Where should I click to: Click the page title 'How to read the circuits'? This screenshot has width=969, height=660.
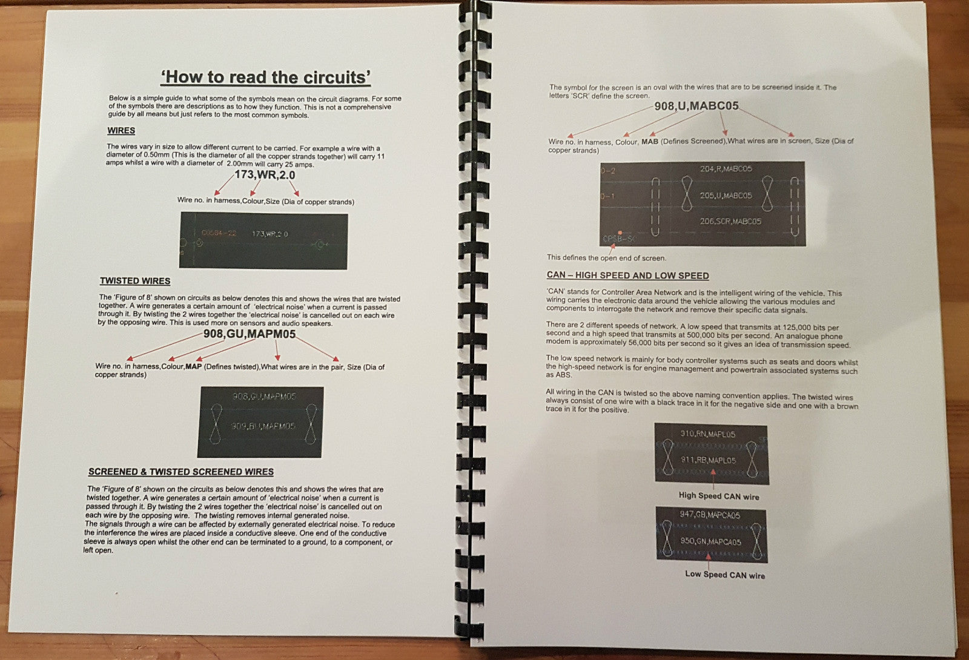coord(265,77)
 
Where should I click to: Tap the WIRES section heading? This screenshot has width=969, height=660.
coord(121,131)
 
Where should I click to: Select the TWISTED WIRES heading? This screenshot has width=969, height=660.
coord(135,281)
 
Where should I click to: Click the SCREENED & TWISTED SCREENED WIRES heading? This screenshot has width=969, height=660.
coord(181,472)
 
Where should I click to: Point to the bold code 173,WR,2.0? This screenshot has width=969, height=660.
coord(265,175)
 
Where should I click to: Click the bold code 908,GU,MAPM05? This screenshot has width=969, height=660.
coord(249,334)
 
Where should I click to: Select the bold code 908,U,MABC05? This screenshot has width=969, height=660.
coord(696,105)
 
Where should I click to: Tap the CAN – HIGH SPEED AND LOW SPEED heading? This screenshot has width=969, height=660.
coord(627,276)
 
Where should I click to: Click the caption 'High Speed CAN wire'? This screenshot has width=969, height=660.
coord(718,496)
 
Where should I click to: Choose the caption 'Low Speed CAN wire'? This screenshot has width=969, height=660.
coord(724,574)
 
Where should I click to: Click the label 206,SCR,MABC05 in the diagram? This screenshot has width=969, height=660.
coord(730,222)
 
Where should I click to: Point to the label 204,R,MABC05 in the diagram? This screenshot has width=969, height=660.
coord(726,169)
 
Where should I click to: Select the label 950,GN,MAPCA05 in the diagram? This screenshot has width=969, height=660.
coord(710,541)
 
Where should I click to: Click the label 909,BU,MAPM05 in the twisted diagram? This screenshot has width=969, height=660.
coord(263,426)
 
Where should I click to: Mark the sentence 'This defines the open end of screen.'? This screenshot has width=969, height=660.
coord(606,258)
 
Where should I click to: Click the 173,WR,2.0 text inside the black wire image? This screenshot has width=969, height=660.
coord(270,234)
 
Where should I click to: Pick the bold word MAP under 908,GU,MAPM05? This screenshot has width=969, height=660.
coord(193,366)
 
